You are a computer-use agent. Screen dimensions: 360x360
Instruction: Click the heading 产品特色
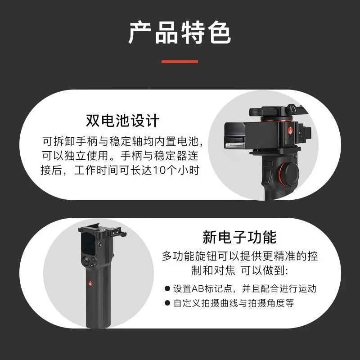tap(180, 32)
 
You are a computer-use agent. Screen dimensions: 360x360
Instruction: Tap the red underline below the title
tap(180, 62)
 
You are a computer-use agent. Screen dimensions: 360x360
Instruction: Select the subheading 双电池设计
tap(122, 120)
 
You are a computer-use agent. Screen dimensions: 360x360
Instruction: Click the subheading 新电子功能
tap(239, 237)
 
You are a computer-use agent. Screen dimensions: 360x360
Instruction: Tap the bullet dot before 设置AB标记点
tap(167, 288)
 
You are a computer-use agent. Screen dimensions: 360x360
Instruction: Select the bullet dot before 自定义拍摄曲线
tap(167, 303)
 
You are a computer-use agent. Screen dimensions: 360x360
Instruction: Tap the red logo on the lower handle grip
tap(90, 283)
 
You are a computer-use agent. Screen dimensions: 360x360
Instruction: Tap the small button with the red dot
tap(94, 260)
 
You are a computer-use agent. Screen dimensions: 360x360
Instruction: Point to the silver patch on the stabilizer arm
tap(234, 145)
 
